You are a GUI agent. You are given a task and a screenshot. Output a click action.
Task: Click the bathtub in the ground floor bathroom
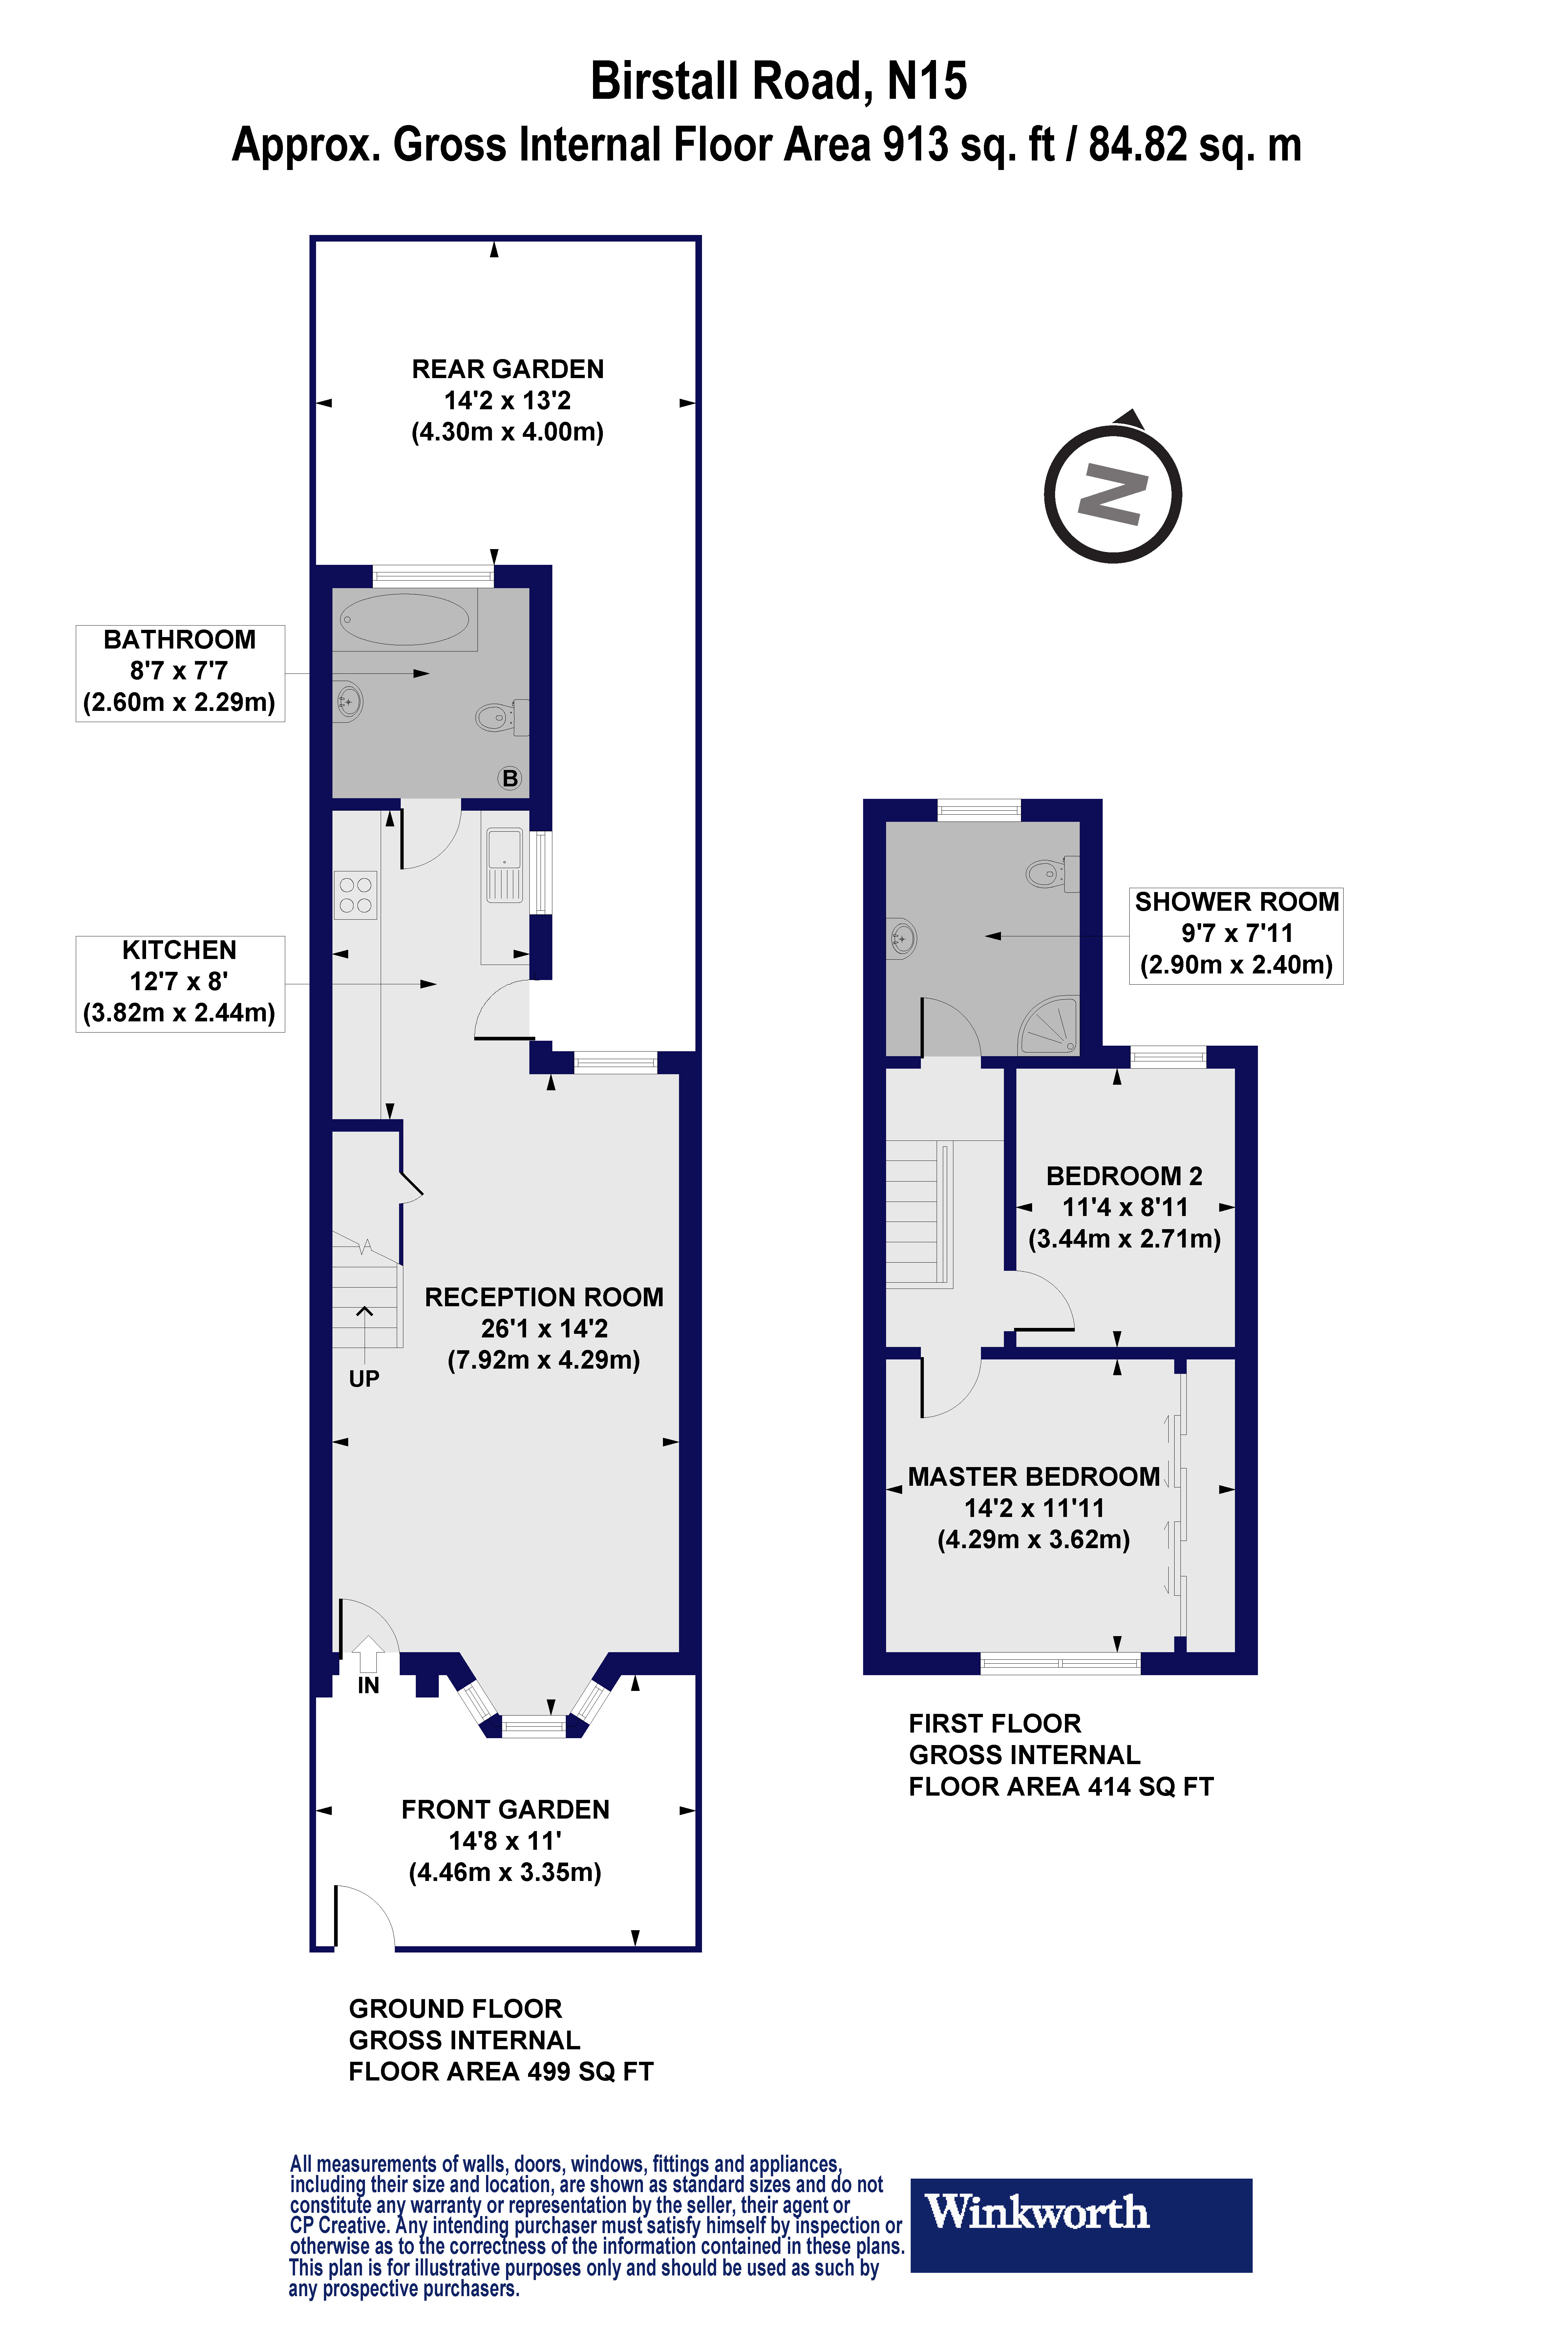coord(404,620)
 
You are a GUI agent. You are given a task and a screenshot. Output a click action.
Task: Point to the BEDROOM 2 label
coord(1124,1176)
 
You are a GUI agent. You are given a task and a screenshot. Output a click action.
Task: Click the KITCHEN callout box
coord(180,983)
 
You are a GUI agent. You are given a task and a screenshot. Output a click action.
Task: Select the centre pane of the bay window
coord(534,1726)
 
